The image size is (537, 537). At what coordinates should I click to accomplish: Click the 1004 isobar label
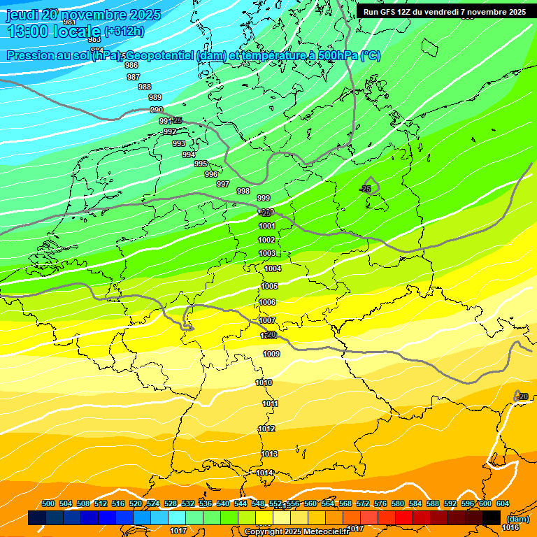273,268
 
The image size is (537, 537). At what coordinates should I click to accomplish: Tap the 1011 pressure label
270,404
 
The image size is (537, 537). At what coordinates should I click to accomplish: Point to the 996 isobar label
211,174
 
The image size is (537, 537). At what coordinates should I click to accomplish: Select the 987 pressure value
134,77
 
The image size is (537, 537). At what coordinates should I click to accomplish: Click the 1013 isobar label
268,454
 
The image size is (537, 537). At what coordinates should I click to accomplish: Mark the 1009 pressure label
272,355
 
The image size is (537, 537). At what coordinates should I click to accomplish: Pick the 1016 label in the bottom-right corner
510,517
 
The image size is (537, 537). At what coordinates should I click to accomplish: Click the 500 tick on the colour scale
48,504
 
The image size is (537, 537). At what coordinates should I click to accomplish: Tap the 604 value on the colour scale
503,504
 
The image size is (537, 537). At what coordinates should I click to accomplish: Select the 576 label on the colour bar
380,504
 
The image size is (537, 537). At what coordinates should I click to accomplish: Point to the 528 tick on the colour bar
171,504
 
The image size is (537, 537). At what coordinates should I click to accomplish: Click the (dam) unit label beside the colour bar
517,520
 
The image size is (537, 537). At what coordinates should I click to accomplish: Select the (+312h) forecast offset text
124,31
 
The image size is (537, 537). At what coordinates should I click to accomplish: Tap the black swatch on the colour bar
492,518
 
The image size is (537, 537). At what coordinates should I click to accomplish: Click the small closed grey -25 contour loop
371,186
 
